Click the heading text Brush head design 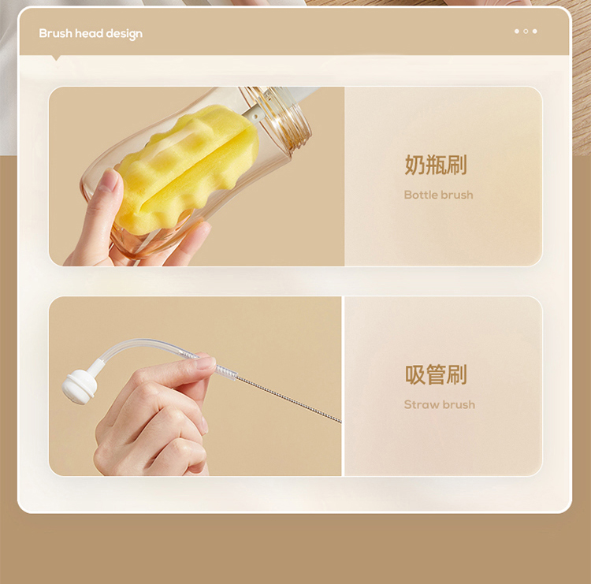91,34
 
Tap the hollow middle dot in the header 526,32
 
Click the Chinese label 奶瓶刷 436,165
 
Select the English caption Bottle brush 438,195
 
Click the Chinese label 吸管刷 436,374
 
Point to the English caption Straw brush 440,404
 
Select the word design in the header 124,35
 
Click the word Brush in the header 55,34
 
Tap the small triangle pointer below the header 57,58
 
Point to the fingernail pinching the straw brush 205,363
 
